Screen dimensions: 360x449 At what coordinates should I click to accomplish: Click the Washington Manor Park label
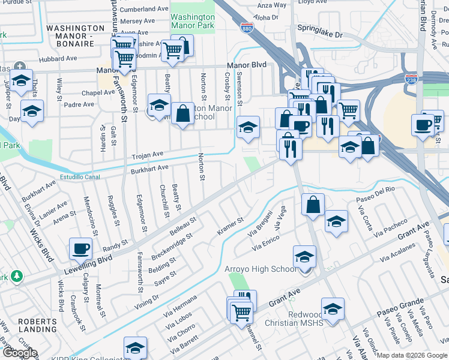[192, 22]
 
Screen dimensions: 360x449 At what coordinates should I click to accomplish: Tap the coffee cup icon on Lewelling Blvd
[80, 247]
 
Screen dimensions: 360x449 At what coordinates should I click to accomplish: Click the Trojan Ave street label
[148, 155]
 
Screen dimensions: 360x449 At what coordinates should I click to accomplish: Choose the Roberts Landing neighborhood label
[37, 326]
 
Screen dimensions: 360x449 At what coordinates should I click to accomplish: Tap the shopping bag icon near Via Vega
[313, 205]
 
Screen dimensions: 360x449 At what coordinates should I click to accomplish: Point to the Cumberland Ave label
[144, 10]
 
